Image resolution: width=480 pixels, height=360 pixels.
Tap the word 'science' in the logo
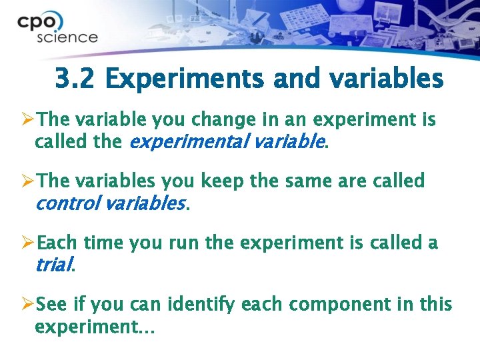tap(67, 37)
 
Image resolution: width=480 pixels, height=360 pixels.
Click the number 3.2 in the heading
tap(76, 79)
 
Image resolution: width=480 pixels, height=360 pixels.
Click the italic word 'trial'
tap(53, 265)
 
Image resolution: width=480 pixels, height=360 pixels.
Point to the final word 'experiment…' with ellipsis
tap(94, 327)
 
